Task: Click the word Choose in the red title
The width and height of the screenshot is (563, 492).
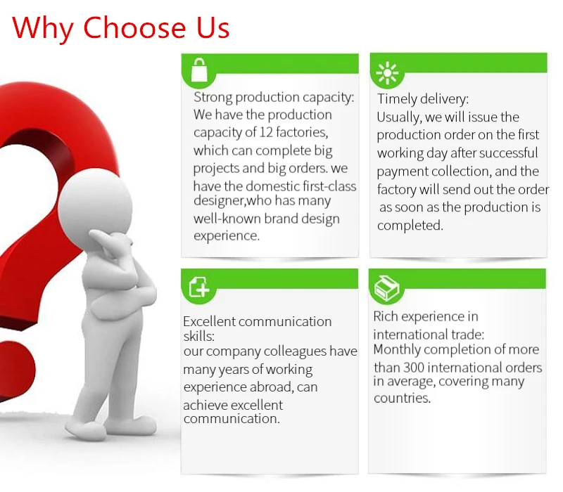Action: (x=134, y=27)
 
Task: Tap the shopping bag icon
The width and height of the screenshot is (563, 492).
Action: (x=199, y=70)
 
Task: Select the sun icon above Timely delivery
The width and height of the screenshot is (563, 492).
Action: (x=387, y=73)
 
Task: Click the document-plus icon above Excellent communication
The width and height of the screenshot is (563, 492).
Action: (x=199, y=287)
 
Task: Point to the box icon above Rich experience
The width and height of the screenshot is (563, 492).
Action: (x=386, y=288)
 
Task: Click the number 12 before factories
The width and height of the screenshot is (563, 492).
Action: (x=266, y=132)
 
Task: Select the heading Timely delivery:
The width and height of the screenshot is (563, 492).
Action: (x=423, y=99)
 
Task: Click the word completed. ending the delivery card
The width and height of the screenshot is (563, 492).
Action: (x=410, y=226)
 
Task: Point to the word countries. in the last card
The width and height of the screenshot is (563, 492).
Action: (x=402, y=398)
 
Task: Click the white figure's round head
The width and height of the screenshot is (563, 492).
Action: (x=95, y=206)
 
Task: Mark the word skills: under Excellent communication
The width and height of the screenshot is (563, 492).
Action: (x=199, y=337)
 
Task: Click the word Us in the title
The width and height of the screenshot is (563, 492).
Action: (x=213, y=28)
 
